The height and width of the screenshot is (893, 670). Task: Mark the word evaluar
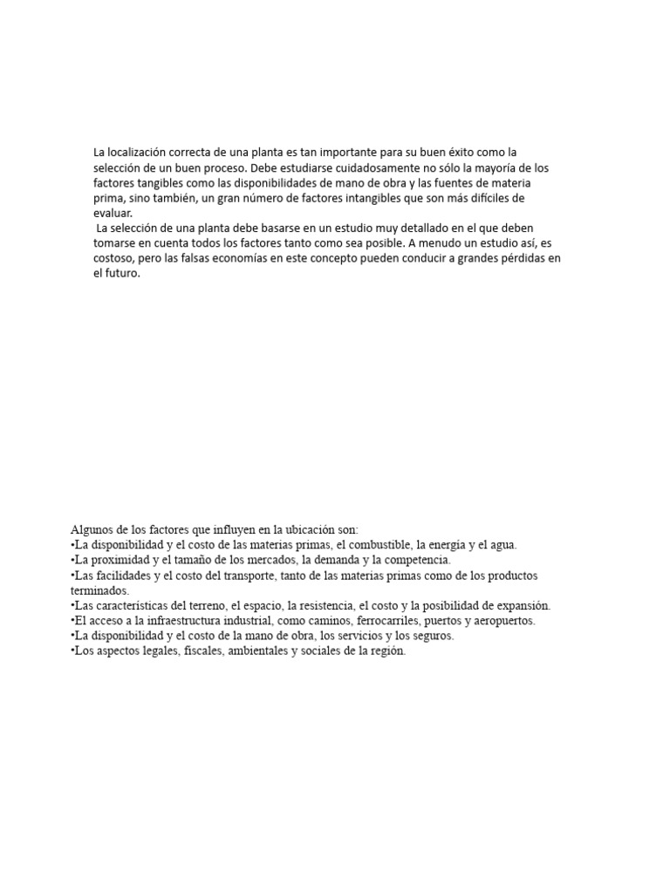(113, 213)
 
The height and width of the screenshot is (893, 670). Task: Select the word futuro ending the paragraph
(122, 273)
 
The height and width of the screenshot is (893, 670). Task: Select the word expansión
(520, 605)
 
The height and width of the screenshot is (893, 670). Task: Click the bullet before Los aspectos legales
(72, 651)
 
